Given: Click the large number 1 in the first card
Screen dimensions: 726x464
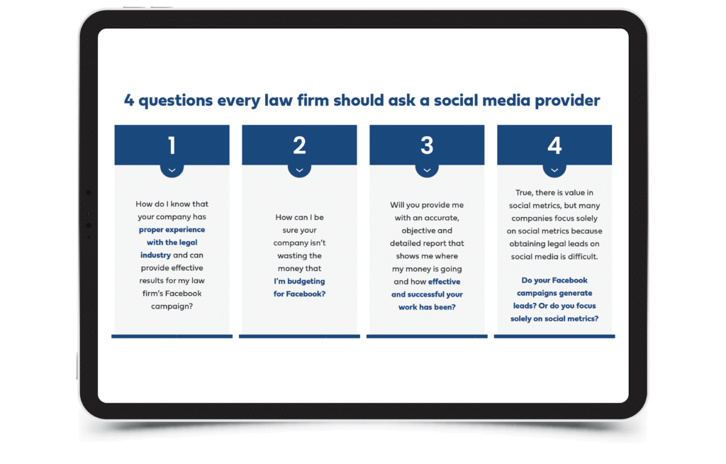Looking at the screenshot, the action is point(172,145).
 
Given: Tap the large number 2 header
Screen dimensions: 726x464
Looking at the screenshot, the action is point(300,145).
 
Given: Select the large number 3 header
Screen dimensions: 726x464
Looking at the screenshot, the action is point(427,145).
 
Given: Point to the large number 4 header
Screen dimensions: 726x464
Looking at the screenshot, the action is point(554,145).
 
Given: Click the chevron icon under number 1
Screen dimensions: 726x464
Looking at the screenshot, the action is point(172,170).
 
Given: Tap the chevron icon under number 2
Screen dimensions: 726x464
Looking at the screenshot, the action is point(300,170).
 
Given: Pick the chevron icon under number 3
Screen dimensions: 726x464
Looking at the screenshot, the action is point(427,170).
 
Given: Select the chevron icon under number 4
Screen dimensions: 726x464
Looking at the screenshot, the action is point(554,170).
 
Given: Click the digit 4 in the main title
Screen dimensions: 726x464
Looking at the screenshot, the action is point(129,100).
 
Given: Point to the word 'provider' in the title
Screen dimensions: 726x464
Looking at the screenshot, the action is point(567,101).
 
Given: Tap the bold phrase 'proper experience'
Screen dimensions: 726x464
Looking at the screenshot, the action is point(172,230).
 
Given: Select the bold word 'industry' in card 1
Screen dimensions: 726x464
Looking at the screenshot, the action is point(155,255).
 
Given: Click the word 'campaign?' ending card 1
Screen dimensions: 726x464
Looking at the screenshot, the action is point(172,306).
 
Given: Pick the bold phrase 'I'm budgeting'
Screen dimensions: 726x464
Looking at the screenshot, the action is point(300,282).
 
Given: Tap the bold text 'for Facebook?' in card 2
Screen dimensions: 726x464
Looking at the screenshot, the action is point(300,294).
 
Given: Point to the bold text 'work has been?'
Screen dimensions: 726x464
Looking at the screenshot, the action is point(427,307).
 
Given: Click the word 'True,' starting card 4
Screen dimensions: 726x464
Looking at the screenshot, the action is point(525,193).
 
